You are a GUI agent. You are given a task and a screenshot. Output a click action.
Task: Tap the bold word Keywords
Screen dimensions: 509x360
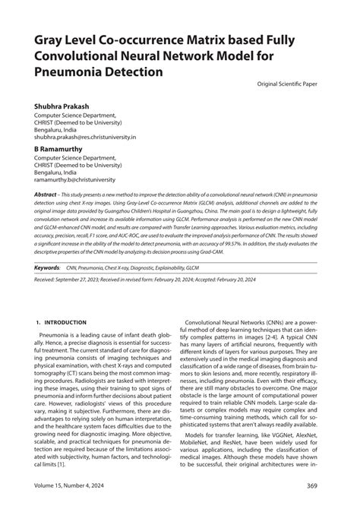click(x=46, y=268)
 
